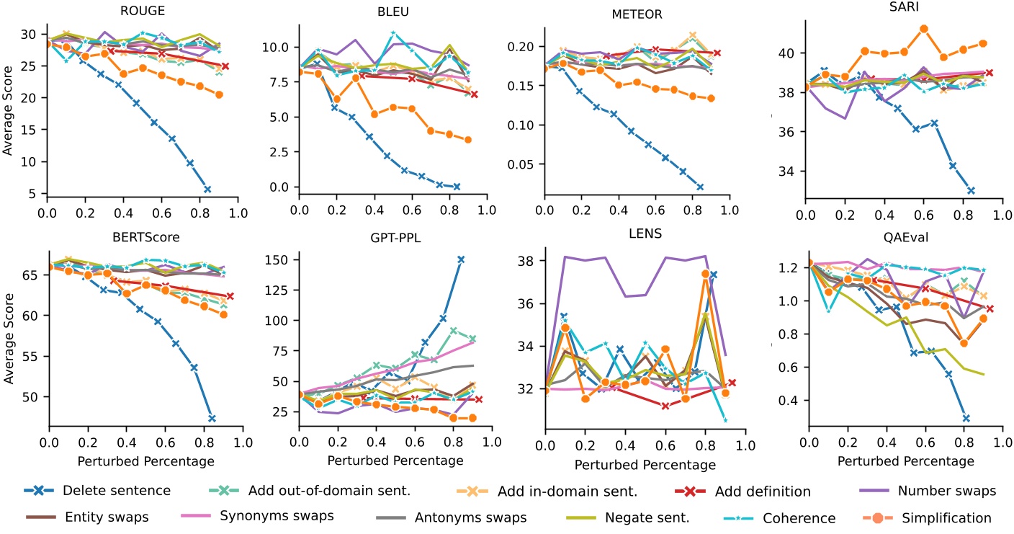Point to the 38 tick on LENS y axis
(x=529, y=260)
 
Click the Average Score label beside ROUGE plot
(x=9, y=115)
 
